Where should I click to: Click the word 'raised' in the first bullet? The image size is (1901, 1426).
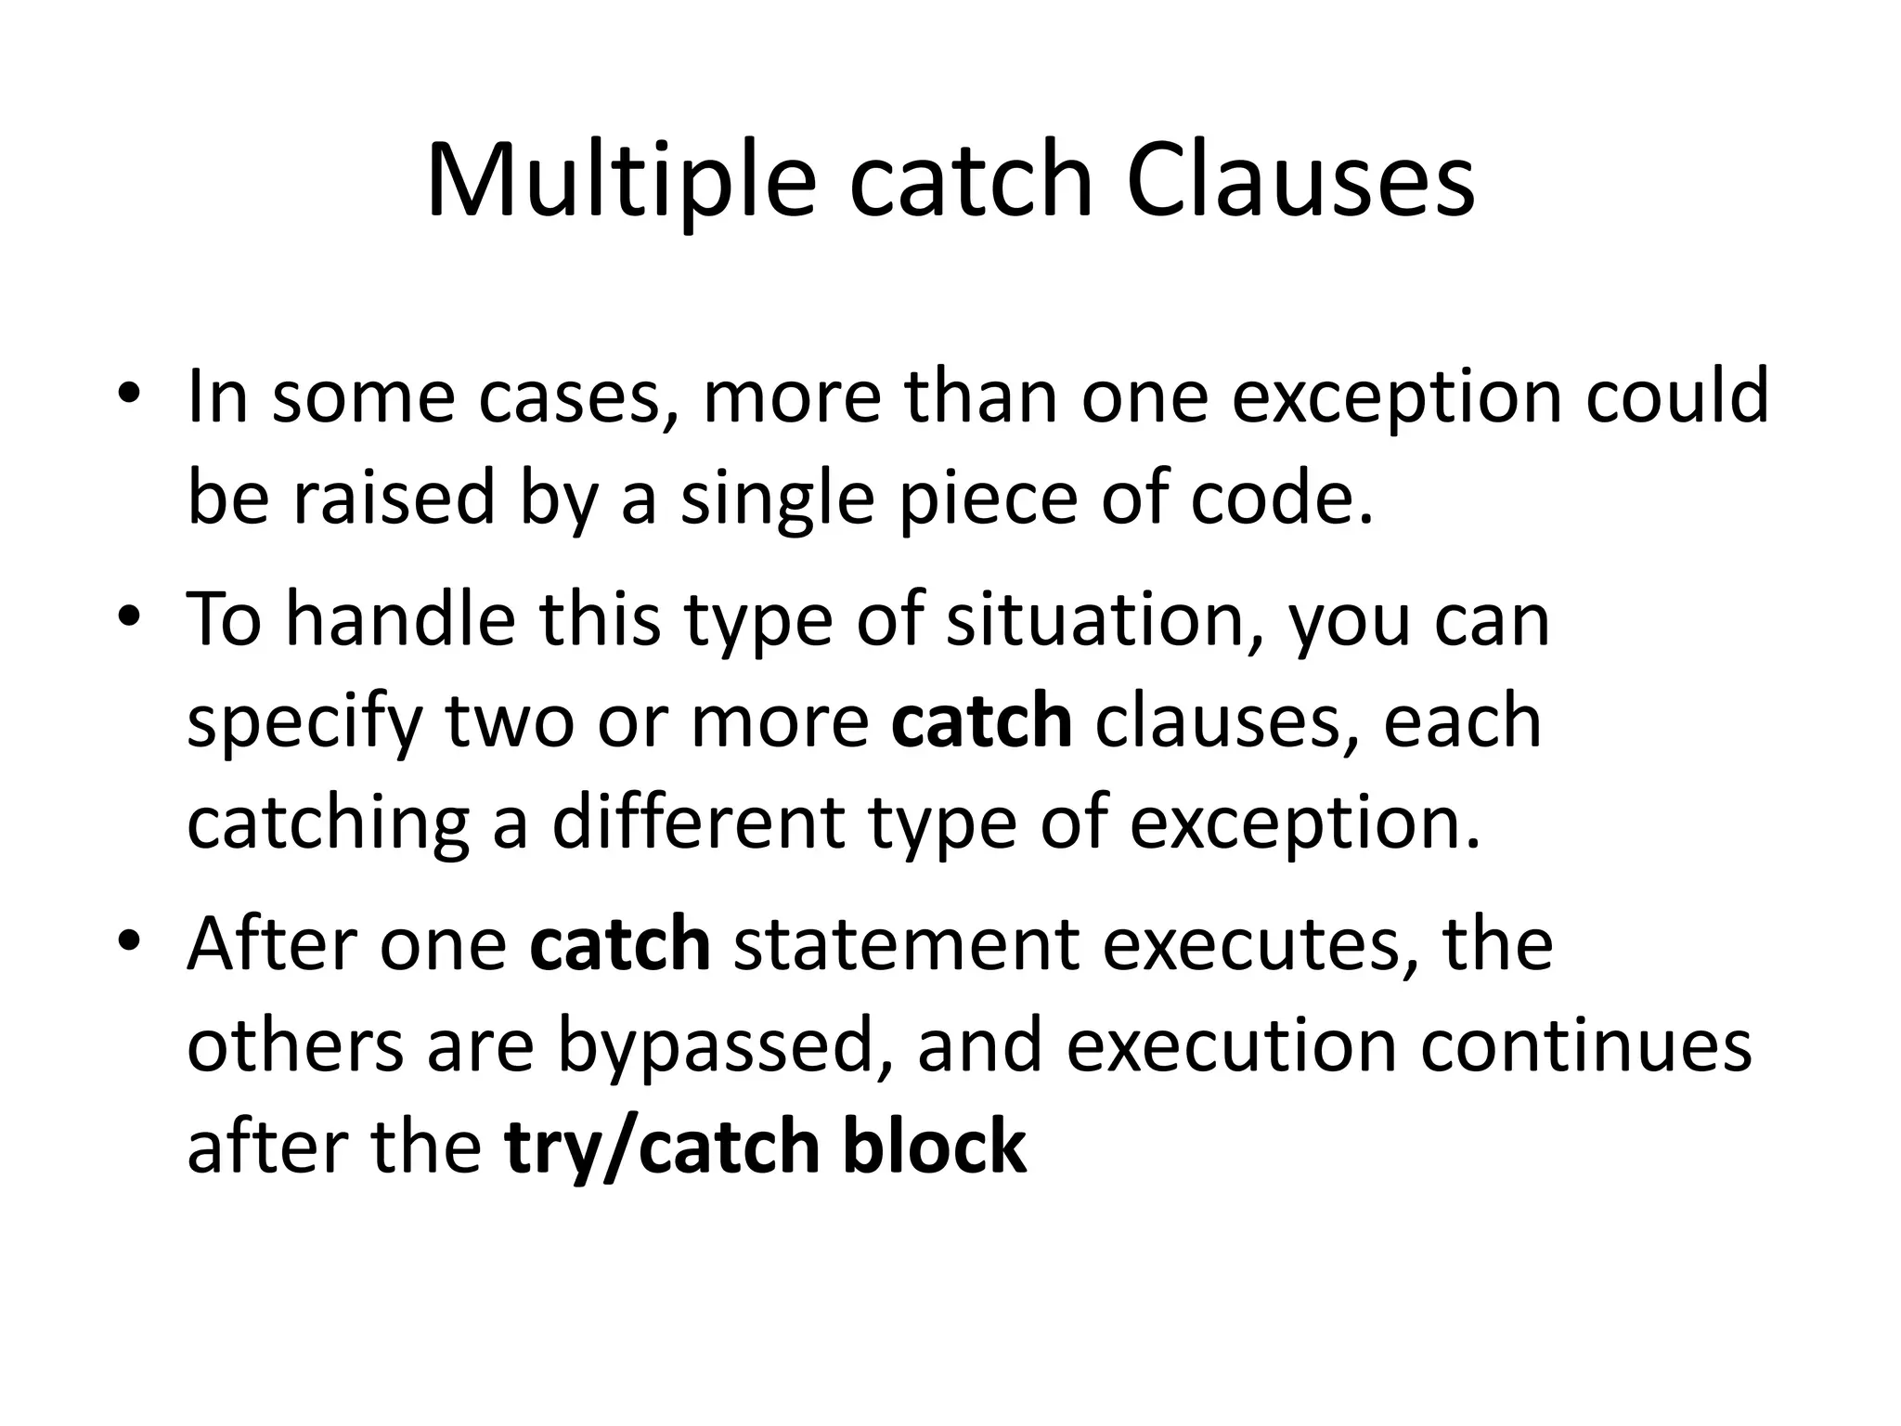coord(394,498)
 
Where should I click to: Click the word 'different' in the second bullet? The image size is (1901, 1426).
coord(698,823)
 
